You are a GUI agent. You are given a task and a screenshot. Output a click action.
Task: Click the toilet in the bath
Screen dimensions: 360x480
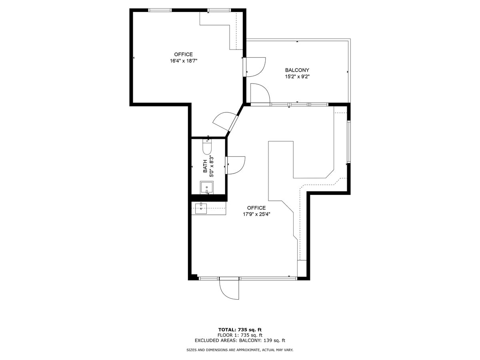click(207, 147)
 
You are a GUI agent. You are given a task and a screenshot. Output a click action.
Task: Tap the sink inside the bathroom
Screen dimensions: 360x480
click(207, 188)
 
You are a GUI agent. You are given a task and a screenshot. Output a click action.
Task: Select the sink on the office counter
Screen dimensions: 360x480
click(201, 208)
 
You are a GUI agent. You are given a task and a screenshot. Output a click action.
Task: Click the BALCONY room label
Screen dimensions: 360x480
click(297, 70)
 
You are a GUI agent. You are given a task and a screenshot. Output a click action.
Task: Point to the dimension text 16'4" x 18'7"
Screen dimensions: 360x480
click(184, 61)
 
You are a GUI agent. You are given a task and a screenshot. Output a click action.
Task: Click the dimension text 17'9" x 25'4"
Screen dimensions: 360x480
click(256, 214)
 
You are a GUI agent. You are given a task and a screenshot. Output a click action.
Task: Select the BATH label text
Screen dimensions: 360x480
click(205, 166)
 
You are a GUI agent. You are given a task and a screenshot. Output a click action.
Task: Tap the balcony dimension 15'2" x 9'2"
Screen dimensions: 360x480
click(297, 76)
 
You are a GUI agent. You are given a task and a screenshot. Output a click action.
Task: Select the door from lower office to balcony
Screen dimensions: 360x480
click(260, 94)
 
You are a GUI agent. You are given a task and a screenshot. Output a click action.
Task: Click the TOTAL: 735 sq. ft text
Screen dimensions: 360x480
click(240, 330)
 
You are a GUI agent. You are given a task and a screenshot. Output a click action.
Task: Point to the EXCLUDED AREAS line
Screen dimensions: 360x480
click(240, 341)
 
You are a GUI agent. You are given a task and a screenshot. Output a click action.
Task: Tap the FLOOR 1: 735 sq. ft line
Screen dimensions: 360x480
click(240, 335)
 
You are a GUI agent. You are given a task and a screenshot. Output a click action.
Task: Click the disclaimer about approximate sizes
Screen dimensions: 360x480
click(240, 350)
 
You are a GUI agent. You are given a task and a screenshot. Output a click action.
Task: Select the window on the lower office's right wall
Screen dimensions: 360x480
click(349, 142)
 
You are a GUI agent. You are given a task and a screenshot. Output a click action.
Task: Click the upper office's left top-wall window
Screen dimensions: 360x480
click(160, 10)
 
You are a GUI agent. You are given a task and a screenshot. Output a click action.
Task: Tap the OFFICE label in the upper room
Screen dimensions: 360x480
click(184, 54)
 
